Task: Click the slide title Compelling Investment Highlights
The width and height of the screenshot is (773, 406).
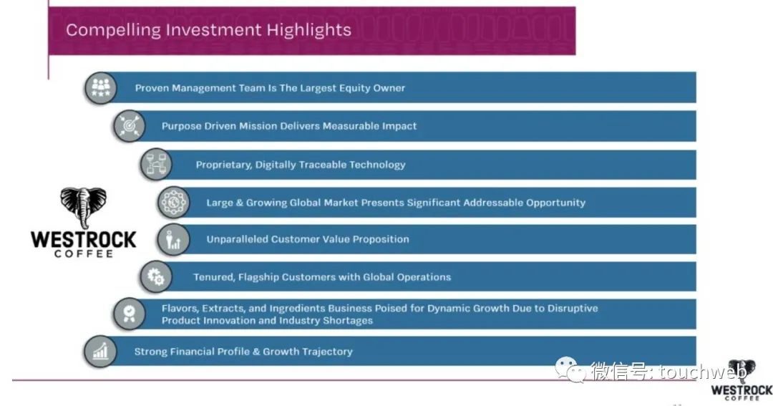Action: click(x=208, y=30)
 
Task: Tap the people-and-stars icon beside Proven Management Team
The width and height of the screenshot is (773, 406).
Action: click(x=101, y=88)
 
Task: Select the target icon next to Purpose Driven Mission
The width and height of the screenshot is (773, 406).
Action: click(x=129, y=126)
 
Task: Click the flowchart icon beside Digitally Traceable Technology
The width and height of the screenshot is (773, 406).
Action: click(x=156, y=164)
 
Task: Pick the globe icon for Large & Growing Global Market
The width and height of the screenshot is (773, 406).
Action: click(x=173, y=202)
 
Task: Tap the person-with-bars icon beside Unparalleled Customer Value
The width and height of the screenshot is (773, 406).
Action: click(x=173, y=240)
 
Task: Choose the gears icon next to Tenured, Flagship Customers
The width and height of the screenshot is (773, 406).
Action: click(x=156, y=276)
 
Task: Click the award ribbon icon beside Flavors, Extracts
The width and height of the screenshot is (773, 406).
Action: click(x=129, y=314)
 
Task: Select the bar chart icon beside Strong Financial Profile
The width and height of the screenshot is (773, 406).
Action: click(x=101, y=352)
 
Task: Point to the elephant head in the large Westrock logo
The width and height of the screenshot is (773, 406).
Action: click(x=83, y=206)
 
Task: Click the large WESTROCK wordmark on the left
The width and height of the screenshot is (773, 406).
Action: click(x=83, y=240)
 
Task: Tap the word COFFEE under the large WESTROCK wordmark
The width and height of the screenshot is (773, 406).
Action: click(x=84, y=253)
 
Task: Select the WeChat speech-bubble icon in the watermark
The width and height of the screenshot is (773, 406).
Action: click(x=571, y=369)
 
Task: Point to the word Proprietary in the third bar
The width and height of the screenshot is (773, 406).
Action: click(x=223, y=165)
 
